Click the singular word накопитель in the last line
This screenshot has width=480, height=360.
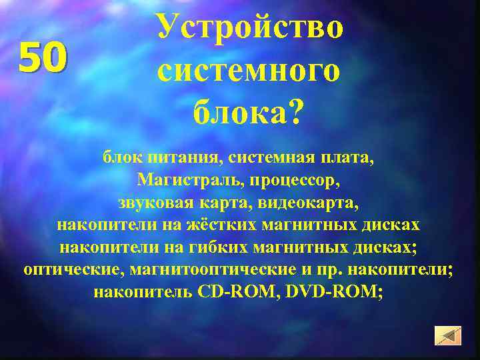coord(143,291)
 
